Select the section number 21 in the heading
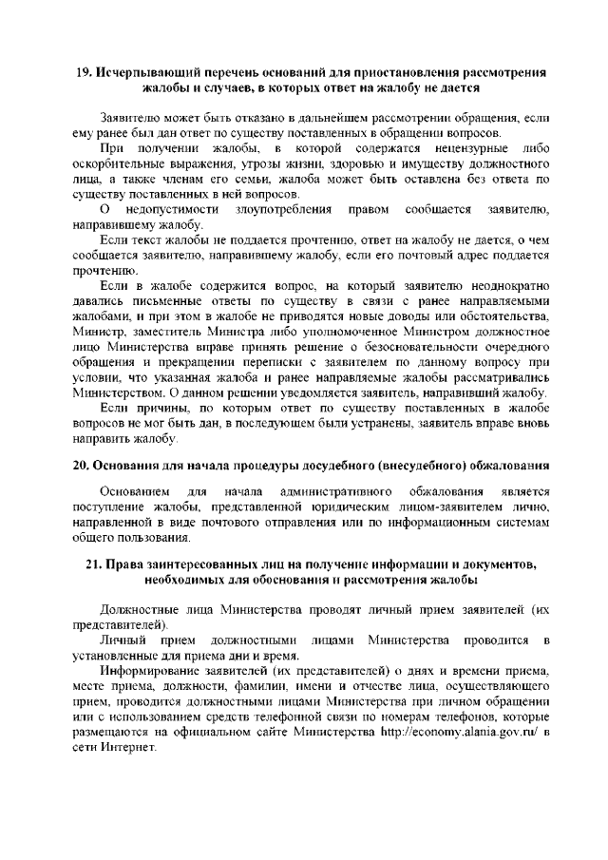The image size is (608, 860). click(94, 564)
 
